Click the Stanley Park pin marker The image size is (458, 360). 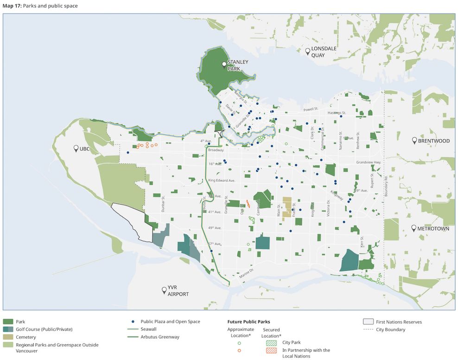(x=224, y=64)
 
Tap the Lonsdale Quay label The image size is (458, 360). (x=324, y=51)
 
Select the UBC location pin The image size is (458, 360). (x=76, y=148)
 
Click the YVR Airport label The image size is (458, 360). (x=178, y=291)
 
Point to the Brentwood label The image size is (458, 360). (x=433, y=141)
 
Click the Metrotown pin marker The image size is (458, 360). (x=413, y=228)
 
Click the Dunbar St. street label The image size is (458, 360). (x=163, y=204)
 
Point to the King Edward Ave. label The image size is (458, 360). (x=222, y=180)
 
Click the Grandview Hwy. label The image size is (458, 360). (x=369, y=162)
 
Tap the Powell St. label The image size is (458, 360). (x=311, y=109)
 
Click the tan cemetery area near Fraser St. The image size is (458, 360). (x=287, y=206)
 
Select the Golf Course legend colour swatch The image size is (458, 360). (x=8, y=329)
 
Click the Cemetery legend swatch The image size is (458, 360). (x=8, y=337)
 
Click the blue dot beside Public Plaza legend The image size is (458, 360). (x=133, y=321)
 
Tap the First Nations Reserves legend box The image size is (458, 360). (x=368, y=321)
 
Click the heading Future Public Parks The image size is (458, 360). (x=248, y=321)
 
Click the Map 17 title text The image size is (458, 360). (x=40, y=6)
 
